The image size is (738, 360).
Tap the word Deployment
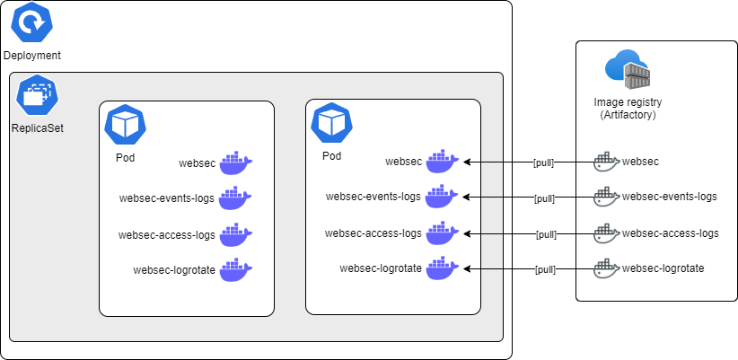tap(32, 56)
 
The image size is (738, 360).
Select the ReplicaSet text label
tap(37, 127)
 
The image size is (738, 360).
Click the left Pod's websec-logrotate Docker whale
tap(236, 269)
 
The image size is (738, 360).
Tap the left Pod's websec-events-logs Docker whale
tap(236, 198)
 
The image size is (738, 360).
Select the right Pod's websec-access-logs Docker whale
tap(442, 233)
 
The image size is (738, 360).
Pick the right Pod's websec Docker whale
tap(442, 162)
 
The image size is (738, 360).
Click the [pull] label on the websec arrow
tap(543, 163)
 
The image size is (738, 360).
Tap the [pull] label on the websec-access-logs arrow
tap(546, 234)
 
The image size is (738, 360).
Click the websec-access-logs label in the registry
tap(670, 233)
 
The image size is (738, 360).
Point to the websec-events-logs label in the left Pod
tap(166, 198)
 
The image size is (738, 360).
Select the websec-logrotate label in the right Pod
tap(381, 268)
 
